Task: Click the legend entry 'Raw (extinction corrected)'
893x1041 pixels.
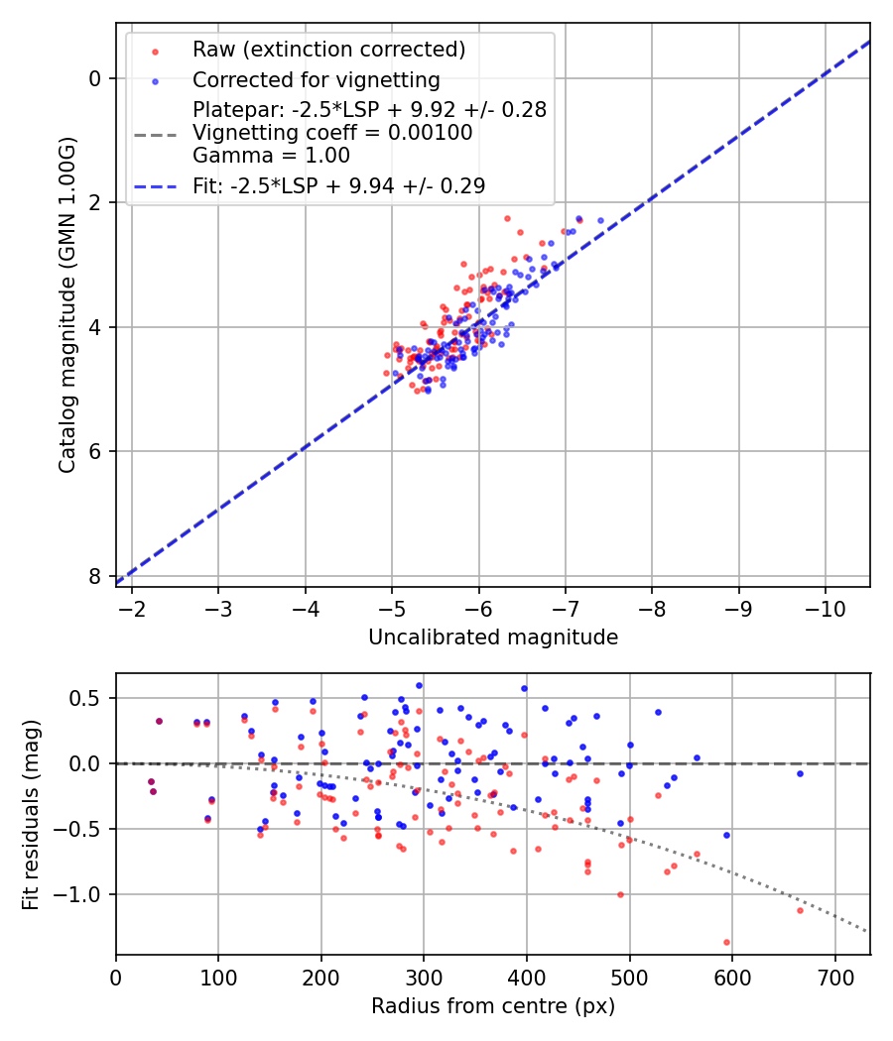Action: coord(328,50)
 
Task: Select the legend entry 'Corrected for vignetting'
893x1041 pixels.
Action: coord(316,79)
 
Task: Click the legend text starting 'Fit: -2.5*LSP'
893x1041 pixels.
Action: coord(338,185)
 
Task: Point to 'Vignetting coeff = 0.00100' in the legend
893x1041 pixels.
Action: coord(332,132)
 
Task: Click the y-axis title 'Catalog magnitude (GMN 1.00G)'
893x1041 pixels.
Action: coord(66,303)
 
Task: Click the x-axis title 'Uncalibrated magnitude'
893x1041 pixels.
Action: coord(493,637)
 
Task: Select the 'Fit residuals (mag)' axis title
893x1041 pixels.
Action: coord(31,814)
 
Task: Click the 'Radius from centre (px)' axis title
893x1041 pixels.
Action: coord(493,1006)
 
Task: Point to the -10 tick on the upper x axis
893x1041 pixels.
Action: coord(825,606)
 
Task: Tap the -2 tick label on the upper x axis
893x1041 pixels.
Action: coord(133,606)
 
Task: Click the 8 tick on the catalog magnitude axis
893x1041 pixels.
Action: coord(94,576)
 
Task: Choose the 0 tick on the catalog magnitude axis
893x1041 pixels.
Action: coord(94,78)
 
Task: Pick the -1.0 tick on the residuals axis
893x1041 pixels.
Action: coord(80,894)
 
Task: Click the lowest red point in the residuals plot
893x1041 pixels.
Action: coord(726,942)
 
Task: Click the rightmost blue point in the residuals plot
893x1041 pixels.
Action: coord(800,773)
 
